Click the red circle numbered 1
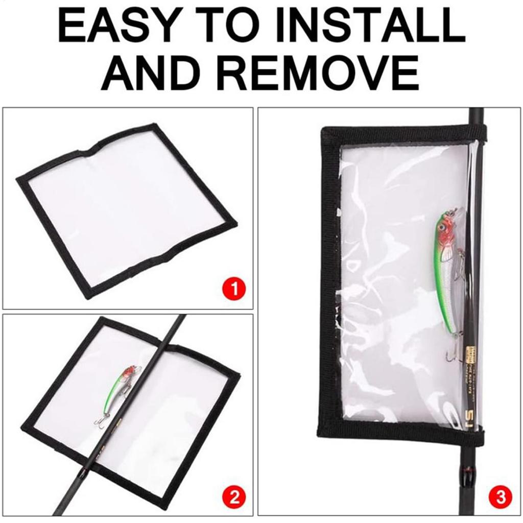point(235,289)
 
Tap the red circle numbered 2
point(235,496)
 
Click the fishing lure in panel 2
point(118,391)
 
